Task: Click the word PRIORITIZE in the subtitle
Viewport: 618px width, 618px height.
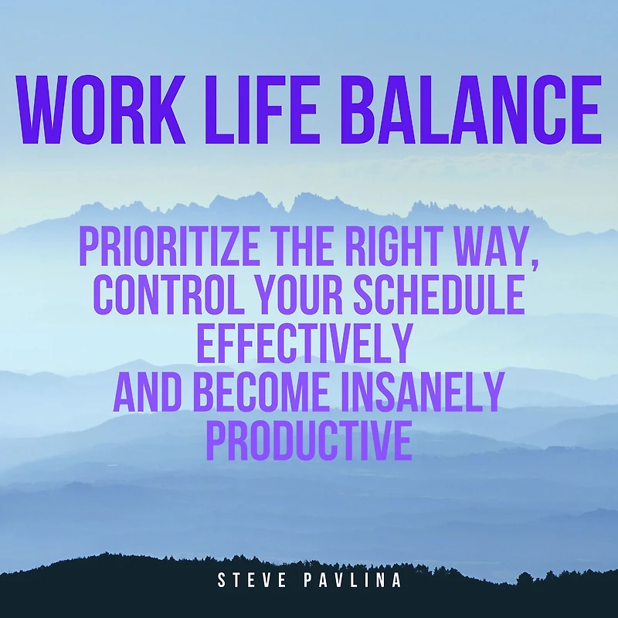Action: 169,247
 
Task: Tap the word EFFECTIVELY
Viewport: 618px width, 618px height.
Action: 304,343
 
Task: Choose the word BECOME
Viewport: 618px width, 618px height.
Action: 262,392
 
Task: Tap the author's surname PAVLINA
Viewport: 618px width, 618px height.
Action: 353,580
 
